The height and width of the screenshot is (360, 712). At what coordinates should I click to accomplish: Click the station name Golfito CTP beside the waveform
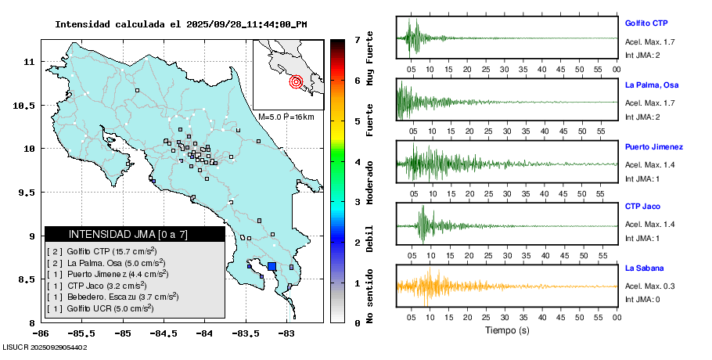645,23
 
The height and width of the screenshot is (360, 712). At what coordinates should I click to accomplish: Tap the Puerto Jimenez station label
654,146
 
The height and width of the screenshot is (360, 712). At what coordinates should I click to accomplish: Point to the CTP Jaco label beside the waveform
642,207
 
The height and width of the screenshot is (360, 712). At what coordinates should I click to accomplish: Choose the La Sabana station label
645,268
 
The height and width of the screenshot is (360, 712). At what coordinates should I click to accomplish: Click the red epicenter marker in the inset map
296,81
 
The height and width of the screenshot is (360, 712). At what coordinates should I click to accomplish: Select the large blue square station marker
271,266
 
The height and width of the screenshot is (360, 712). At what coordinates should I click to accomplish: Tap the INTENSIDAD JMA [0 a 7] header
135,234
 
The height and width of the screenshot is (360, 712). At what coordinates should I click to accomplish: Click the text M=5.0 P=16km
286,117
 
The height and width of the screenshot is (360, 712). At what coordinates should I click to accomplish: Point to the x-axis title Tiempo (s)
506,330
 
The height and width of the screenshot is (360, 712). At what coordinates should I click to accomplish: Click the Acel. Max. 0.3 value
649,286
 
